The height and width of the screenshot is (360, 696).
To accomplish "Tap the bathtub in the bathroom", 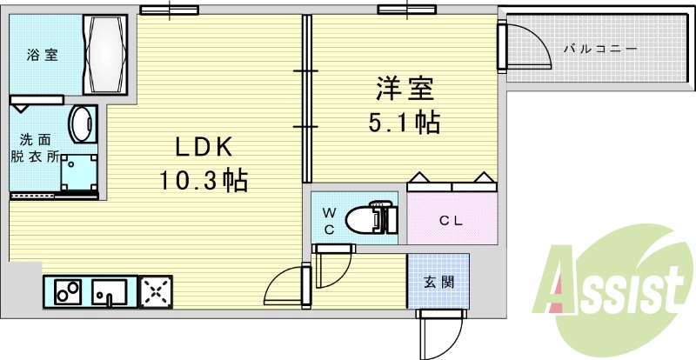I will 105,54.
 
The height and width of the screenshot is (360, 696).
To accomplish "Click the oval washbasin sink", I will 83,124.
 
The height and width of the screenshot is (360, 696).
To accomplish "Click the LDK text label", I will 203,145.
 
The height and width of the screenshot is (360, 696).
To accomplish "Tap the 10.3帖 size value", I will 203,181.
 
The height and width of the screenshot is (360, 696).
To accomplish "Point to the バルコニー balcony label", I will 599,50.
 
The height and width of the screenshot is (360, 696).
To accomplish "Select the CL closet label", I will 450,221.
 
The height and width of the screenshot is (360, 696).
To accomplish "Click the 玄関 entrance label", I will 438,283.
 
